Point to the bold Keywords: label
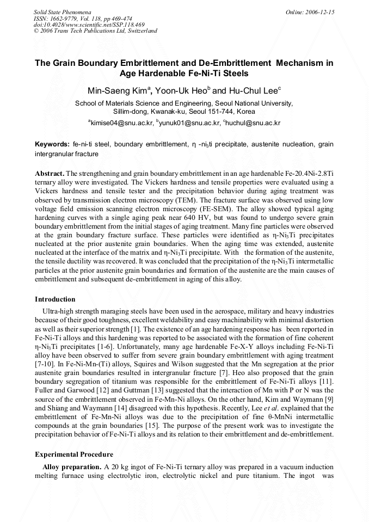[x=52, y=144]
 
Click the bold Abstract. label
[x=50, y=173]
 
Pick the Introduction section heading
[x=55, y=299]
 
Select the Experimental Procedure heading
[x=74, y=454]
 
